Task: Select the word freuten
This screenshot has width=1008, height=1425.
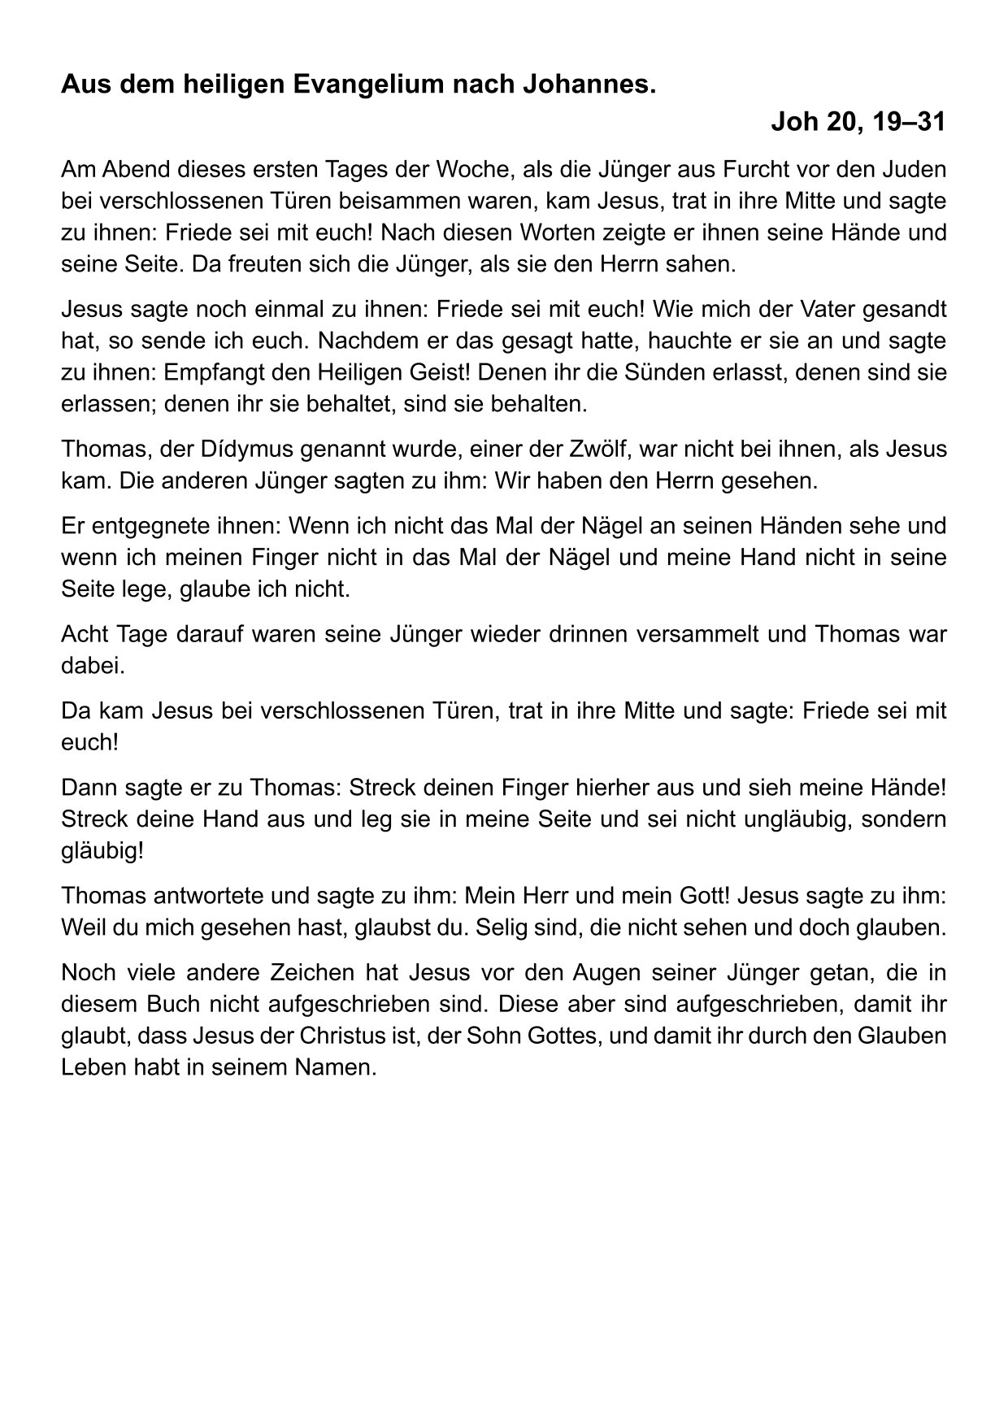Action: point(256,264)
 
